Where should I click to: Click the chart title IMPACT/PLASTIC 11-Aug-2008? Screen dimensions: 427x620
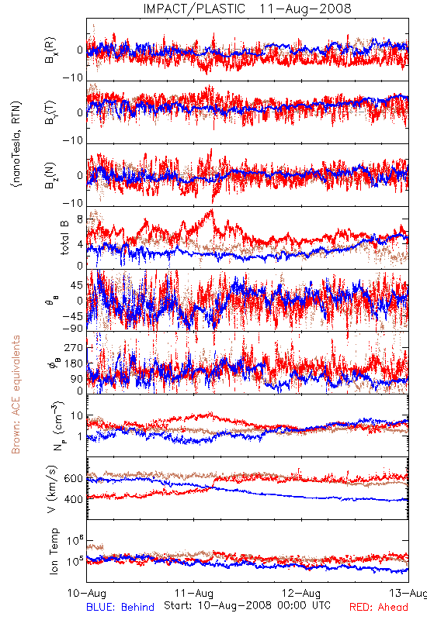click(247, 9)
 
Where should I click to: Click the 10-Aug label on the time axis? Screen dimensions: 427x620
click(87, 593)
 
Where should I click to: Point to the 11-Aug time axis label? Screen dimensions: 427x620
click(194, 593)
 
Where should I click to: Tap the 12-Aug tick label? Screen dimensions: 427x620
click(301, 593)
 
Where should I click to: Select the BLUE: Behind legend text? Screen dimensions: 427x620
click(120, 608)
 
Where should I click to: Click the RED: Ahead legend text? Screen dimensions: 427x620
click(379, 608)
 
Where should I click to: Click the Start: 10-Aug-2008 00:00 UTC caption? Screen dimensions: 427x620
click(247, 605)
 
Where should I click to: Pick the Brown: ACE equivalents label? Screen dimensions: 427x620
click(16, 394)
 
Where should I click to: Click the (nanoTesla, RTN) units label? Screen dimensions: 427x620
click(16, 144)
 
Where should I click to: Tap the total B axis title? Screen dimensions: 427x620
click(64, 238)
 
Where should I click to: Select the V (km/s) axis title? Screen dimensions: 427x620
click(52, 489)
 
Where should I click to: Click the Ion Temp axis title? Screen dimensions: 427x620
click(54, 551)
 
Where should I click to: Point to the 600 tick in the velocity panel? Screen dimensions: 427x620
click(74, 478)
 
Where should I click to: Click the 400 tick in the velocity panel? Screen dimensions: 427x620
click(74, 499)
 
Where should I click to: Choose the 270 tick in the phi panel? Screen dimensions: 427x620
click(74, 347)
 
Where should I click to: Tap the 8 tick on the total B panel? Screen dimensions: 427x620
click(81, 219)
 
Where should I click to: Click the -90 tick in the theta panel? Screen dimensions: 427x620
click(73, 328)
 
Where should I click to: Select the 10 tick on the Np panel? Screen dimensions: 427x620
click(77, 416)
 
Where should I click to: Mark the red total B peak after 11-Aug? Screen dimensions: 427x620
click(212, 210)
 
